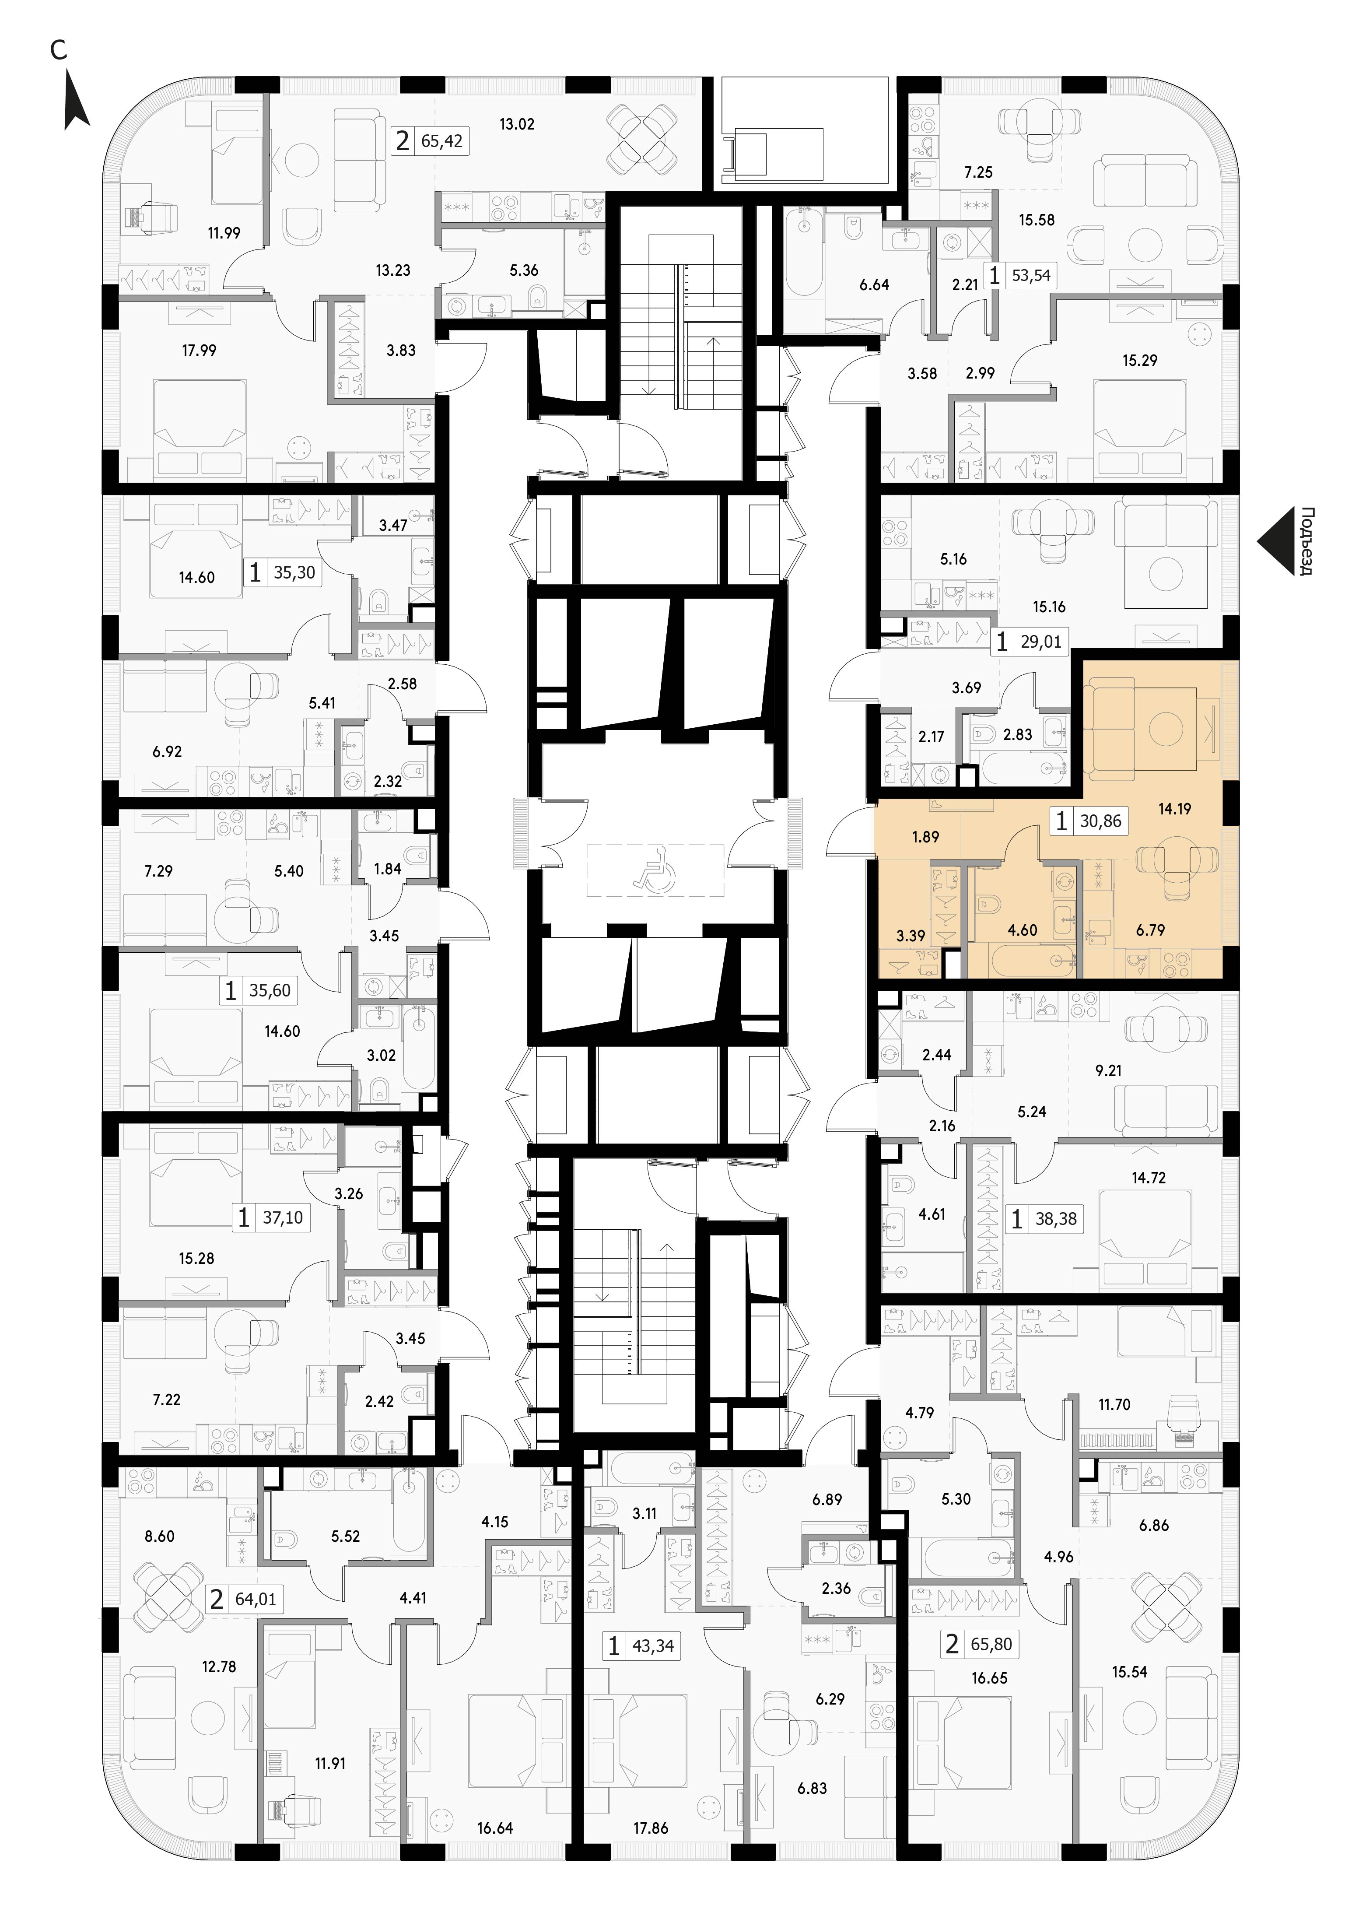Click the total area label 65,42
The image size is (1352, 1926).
(442, 141)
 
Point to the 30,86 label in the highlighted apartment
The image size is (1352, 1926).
(1100, 821)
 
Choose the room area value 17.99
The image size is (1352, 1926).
(199, 351)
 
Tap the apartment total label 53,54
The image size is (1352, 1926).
(1031, 275)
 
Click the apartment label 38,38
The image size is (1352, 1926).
(1056, 1219)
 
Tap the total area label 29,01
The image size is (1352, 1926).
(1041, 642)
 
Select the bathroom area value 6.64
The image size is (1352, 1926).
(874, 285)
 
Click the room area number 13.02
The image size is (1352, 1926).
(517, 124)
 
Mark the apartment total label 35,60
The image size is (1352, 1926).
(270, 991)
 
